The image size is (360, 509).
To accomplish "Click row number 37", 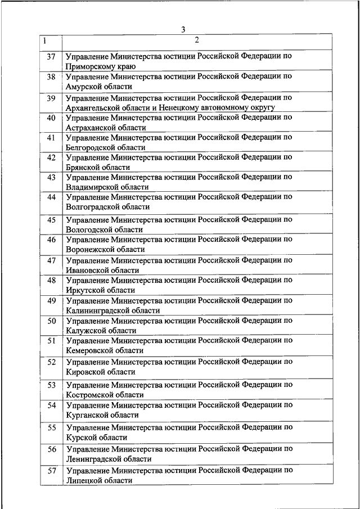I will [51, 57].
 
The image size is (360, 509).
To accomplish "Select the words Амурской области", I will [99, 87].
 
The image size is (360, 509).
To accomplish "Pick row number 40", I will [51, 118].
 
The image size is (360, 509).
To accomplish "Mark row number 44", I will [51, 197].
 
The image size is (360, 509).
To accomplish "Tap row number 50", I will [51, 321].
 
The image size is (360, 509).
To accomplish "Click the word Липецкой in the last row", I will [84, 480].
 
